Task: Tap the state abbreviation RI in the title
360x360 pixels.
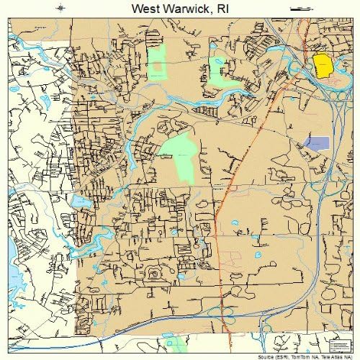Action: point(224,9)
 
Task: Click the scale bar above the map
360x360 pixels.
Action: point(298,9)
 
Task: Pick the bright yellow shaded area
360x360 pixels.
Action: point(322,66)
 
